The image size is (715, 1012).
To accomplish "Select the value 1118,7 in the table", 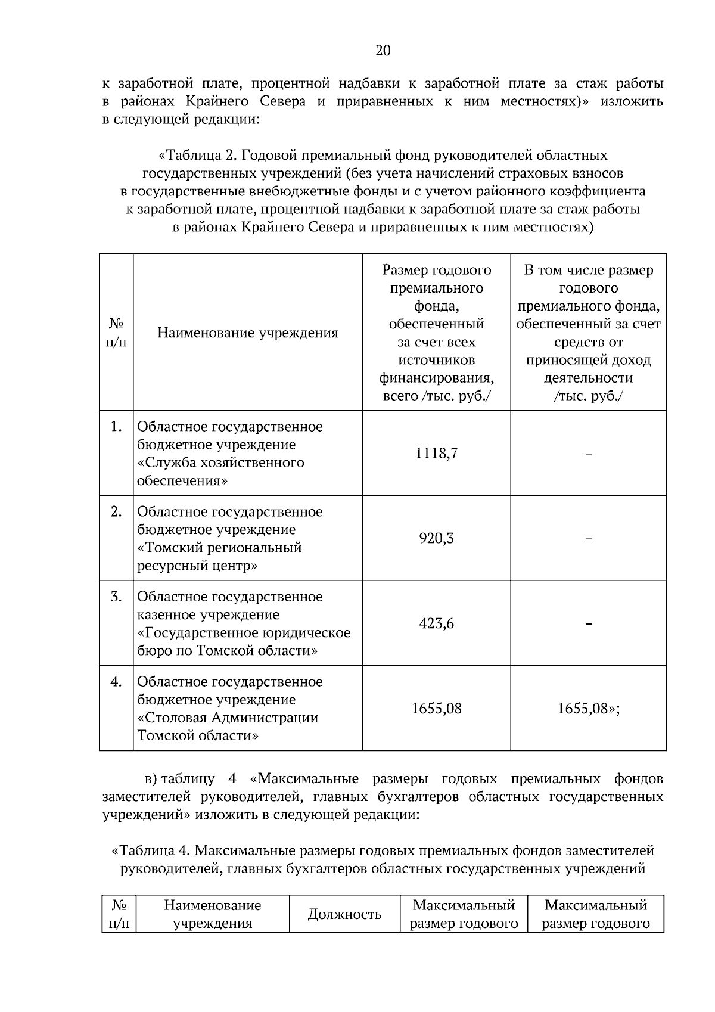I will (436, 454).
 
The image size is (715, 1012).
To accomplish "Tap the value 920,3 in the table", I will (436, 539).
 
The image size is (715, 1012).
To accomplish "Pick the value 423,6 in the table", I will (436, 624).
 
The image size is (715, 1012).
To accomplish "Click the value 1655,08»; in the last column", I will (588, 709).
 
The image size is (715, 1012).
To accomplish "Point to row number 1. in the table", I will (116, 427).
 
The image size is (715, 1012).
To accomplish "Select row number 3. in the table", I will (116, 597).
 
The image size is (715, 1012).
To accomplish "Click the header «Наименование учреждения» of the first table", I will (247, 333).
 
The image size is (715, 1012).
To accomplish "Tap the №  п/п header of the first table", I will (116, 333).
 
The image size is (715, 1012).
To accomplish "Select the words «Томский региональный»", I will (219, 548).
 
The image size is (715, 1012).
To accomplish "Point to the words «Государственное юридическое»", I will (244, 633).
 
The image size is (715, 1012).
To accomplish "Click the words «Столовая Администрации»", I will (228, 718).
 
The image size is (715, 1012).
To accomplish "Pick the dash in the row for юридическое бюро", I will (588, 624).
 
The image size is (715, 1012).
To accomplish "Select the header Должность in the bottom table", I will (344, 914).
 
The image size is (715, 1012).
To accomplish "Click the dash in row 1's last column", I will (588, 454).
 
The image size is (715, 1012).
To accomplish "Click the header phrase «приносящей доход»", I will (588, 361).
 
